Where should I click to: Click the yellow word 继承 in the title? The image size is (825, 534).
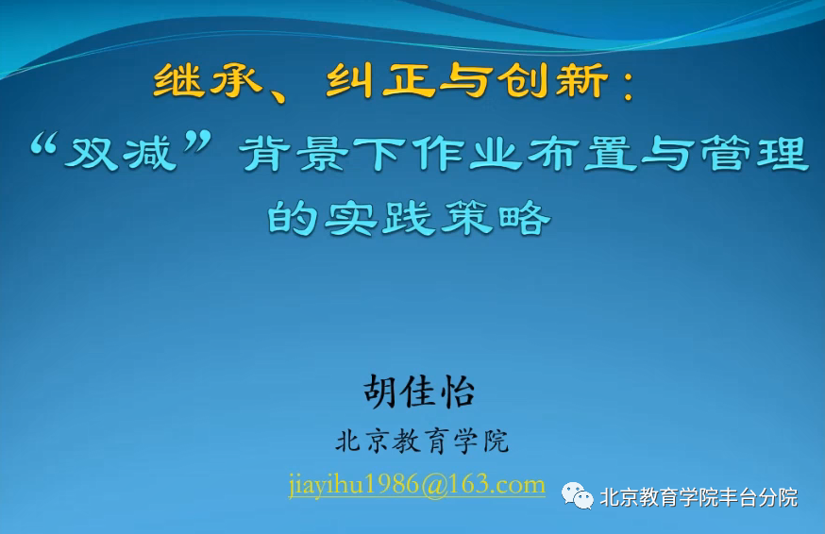(209, 80)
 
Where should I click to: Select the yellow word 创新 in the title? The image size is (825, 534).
(552, 80)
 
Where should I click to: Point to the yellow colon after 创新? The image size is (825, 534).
(627, 85)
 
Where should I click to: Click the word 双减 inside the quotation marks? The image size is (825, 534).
(122, 152)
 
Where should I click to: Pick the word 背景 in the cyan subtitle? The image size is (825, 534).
(294, 153)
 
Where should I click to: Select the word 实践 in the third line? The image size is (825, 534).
(379, 218)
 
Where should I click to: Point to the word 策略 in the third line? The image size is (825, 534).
(495, 218)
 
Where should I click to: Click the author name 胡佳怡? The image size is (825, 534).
(419, 392)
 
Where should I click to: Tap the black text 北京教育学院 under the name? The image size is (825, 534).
(422, 441)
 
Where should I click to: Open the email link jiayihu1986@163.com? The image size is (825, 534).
(416, 484)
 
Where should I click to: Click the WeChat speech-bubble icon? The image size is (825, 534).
(577, 495)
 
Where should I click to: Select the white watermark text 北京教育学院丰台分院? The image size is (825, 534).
(699, 497)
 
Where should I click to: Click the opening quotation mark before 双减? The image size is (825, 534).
(42, 143)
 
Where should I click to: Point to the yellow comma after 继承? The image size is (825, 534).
(277, 94)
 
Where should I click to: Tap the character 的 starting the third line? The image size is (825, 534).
(293, 218)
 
